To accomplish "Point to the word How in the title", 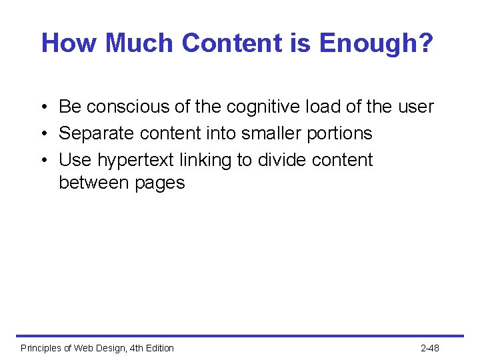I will click(71, 44).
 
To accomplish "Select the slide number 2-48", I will click(430, 348).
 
